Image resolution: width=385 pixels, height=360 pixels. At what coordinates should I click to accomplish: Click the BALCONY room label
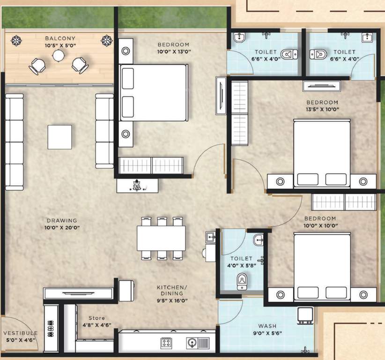pyautogui.click(x=58, y=38)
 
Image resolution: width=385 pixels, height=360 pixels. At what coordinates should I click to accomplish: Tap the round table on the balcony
pyautogui.click(x=58, y=56)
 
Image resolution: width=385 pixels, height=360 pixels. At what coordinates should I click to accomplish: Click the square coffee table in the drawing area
pyautogui.click(x=59, y=136)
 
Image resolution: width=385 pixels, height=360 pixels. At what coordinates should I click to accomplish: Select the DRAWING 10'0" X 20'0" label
pyautogui.click(x=61, y=224)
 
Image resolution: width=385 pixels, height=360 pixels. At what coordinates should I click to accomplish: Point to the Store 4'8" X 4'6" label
pyautogui.click(x=95, y=321)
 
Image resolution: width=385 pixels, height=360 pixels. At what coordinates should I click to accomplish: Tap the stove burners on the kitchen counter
pyautogui.click(x=166, y=343)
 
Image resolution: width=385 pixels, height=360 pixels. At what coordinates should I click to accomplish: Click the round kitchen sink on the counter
pyautogui.click(x=192, y=343)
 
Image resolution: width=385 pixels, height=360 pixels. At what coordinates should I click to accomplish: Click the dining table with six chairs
pyautogui.click(x=161, y=238)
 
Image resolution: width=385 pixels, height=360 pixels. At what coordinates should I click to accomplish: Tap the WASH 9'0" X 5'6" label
pyautogui.click(x=267, y=329)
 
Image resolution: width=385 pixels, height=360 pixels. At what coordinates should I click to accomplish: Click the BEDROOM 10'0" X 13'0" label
pyautogui.click(x=173, y=48)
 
